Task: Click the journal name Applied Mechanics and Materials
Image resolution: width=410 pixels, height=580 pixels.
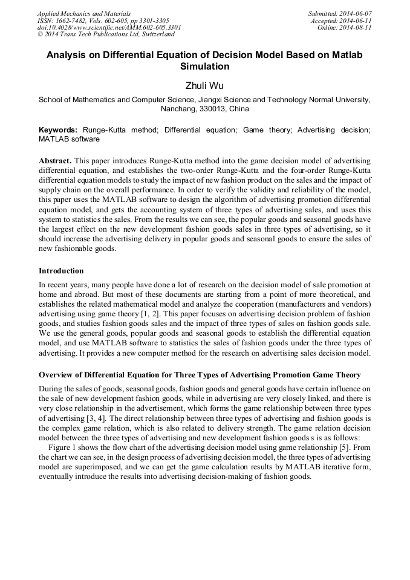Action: tap(84, 13)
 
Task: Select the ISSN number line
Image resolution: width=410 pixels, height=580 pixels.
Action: tap(103, 21)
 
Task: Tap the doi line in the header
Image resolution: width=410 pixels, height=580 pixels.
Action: tap(109, 28)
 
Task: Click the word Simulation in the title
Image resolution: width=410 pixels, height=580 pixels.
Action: tap(204, 67)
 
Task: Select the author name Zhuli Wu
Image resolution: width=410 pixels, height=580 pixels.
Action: tap(204, 86)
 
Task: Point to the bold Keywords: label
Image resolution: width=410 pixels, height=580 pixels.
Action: tap(58, 130)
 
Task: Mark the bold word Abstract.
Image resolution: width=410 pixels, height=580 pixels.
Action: tap(55, 161)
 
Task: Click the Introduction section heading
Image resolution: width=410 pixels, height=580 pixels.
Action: tap(61, 270)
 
